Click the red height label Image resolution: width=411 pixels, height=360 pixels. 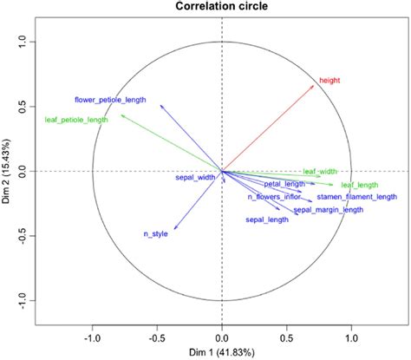(329, 81)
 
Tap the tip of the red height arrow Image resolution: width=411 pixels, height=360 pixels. (316, 82)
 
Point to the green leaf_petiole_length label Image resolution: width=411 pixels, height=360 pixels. (76, 120)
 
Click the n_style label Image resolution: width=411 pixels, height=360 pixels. (155, 234)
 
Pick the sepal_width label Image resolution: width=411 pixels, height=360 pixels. (195, 178)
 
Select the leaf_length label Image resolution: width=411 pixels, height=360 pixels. (359, 185)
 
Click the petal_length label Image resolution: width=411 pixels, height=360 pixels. (284, 184)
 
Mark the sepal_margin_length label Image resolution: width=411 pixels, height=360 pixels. (329, 210)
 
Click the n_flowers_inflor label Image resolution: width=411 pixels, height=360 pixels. (275, 197)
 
